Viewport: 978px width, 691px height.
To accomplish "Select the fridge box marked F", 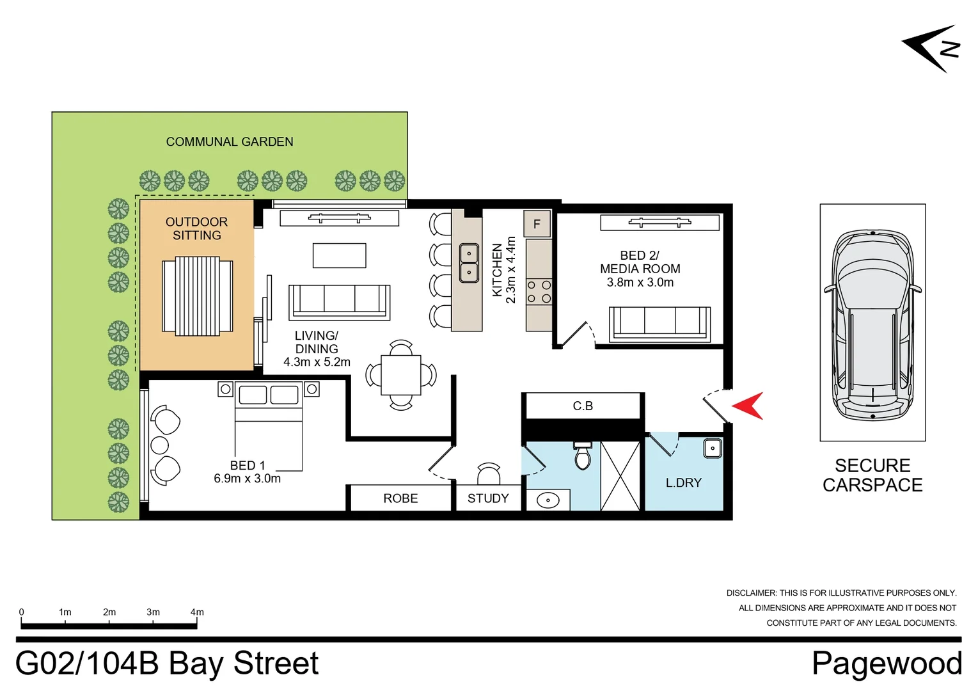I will [537, 224].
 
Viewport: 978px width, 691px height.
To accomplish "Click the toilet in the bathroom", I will [583, 456].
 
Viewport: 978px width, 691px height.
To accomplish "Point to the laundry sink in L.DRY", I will [713, 448].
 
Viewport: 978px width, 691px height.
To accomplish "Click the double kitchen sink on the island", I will [469, 263].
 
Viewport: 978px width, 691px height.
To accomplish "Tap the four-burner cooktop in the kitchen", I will [539, 292].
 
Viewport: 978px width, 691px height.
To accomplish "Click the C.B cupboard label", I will [583, 406].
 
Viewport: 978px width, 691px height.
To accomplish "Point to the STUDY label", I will [488, 498].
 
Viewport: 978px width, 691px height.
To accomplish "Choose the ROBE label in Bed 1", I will [400, 498].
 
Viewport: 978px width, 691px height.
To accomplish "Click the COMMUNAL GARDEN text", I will [230, 142].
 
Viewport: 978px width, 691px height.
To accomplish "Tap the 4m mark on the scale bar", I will [197, 612].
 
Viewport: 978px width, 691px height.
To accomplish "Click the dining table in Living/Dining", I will [401, 375].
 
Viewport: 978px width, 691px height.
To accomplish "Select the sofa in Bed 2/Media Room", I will [659, 322].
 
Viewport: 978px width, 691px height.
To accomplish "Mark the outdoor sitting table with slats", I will [197, 296].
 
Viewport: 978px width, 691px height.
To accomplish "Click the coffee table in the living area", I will [339, 255].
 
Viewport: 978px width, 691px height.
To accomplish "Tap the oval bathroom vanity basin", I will [548, 500].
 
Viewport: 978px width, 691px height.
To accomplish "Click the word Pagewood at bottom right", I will [887, 663].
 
